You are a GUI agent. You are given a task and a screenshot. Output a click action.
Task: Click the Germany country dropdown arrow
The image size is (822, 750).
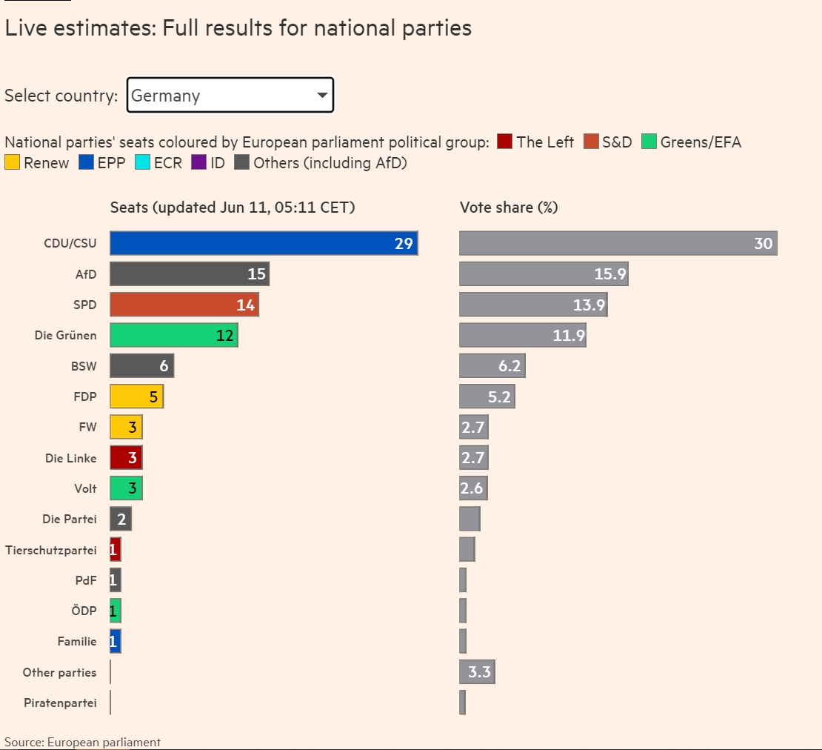point(322,96)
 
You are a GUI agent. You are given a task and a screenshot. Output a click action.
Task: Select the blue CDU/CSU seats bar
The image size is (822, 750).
point(264,243)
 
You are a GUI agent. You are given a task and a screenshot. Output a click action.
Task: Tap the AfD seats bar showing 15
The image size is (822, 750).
point(190,274)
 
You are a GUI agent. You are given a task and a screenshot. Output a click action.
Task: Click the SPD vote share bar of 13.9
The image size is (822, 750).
point(533,305)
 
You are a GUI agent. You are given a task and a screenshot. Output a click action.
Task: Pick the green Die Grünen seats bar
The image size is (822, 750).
point(174,335)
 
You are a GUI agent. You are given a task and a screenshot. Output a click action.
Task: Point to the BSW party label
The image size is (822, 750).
point(84,366)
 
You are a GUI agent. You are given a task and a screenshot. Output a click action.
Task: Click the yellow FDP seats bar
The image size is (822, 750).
point(136,396)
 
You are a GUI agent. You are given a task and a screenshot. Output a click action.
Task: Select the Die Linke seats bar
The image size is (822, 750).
point(126,458)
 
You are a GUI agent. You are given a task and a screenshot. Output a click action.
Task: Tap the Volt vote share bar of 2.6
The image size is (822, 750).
point(473,488)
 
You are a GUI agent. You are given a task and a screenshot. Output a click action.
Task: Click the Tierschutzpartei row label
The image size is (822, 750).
point(51,550)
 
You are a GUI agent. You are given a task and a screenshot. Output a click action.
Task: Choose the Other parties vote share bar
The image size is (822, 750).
point(477,673)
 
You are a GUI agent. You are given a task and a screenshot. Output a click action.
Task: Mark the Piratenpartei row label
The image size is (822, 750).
point(60,703)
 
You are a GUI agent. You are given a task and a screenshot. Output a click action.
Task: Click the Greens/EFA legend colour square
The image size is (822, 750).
point(649,142)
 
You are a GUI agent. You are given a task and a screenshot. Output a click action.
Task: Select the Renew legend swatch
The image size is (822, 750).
point(13,162)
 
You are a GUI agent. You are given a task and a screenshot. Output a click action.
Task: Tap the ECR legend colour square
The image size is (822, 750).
point(143,162)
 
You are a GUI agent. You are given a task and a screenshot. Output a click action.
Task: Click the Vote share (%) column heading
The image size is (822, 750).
point(509,208)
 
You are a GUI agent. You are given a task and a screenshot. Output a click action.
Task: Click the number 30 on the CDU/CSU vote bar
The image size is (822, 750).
point(763,243)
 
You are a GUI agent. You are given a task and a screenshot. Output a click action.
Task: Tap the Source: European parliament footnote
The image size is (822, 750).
point(82,742)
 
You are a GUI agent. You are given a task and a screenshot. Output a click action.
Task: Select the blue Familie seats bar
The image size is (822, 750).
point(116,642)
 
